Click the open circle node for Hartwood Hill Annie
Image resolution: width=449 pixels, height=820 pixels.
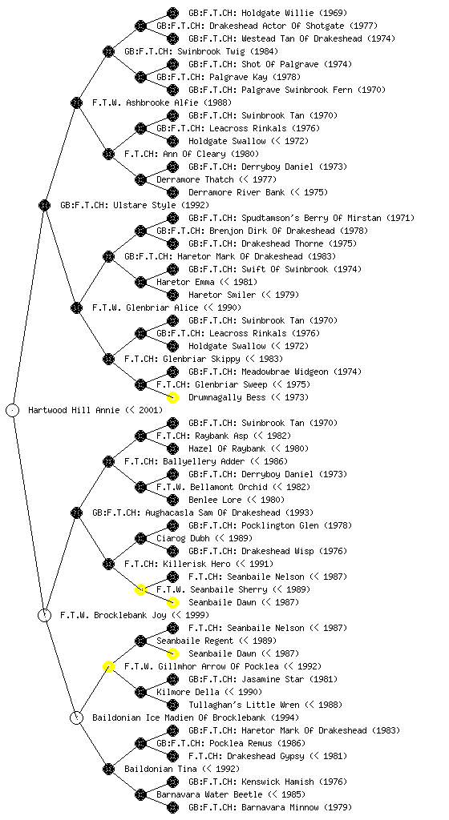click(13, 410)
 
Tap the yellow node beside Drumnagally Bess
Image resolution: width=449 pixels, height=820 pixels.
click(172, 397)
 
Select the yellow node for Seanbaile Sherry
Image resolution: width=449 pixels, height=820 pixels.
click(140, 589)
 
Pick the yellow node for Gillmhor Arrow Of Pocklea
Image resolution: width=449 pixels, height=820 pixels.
click(108, 666)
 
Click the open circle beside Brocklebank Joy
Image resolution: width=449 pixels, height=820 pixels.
click(44, 615)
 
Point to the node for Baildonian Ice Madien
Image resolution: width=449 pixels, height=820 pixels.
click(76, 717)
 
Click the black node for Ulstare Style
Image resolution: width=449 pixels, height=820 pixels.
click(44, 205)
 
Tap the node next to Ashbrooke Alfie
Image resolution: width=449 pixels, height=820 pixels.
click(76, 102)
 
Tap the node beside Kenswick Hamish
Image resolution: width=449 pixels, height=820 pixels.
click(172, 782)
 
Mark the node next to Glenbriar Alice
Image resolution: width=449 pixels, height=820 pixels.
click(76, 307)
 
